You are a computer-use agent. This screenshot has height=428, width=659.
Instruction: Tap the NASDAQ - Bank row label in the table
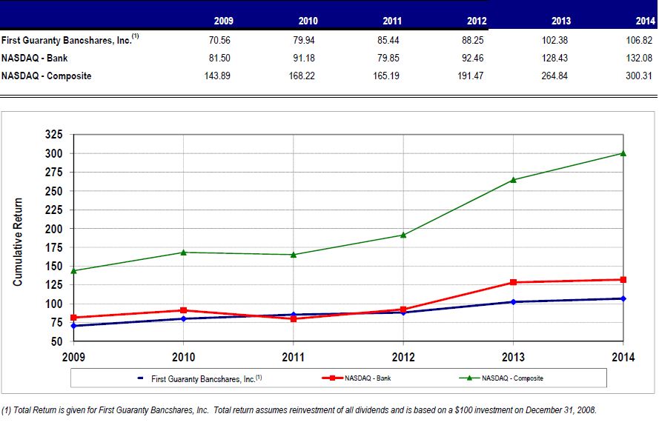pyautogui.click(x=35, y=58)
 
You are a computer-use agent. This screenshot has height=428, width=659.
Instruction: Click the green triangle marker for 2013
pyautogui.click(x=513, y=180)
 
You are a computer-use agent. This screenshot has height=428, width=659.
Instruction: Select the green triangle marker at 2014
pyautogui.click(x=623, y=153)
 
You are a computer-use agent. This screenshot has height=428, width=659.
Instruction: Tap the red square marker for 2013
pyautogui.click(x=513, y=282)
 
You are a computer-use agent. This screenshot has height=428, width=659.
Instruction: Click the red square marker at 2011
pyautogui.click(x=294, y=318)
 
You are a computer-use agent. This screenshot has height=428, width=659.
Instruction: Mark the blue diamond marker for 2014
pyautogui.click(x=623, y=298)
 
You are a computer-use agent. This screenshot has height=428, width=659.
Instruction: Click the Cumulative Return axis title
pyautogui.click(x=19, y=241)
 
